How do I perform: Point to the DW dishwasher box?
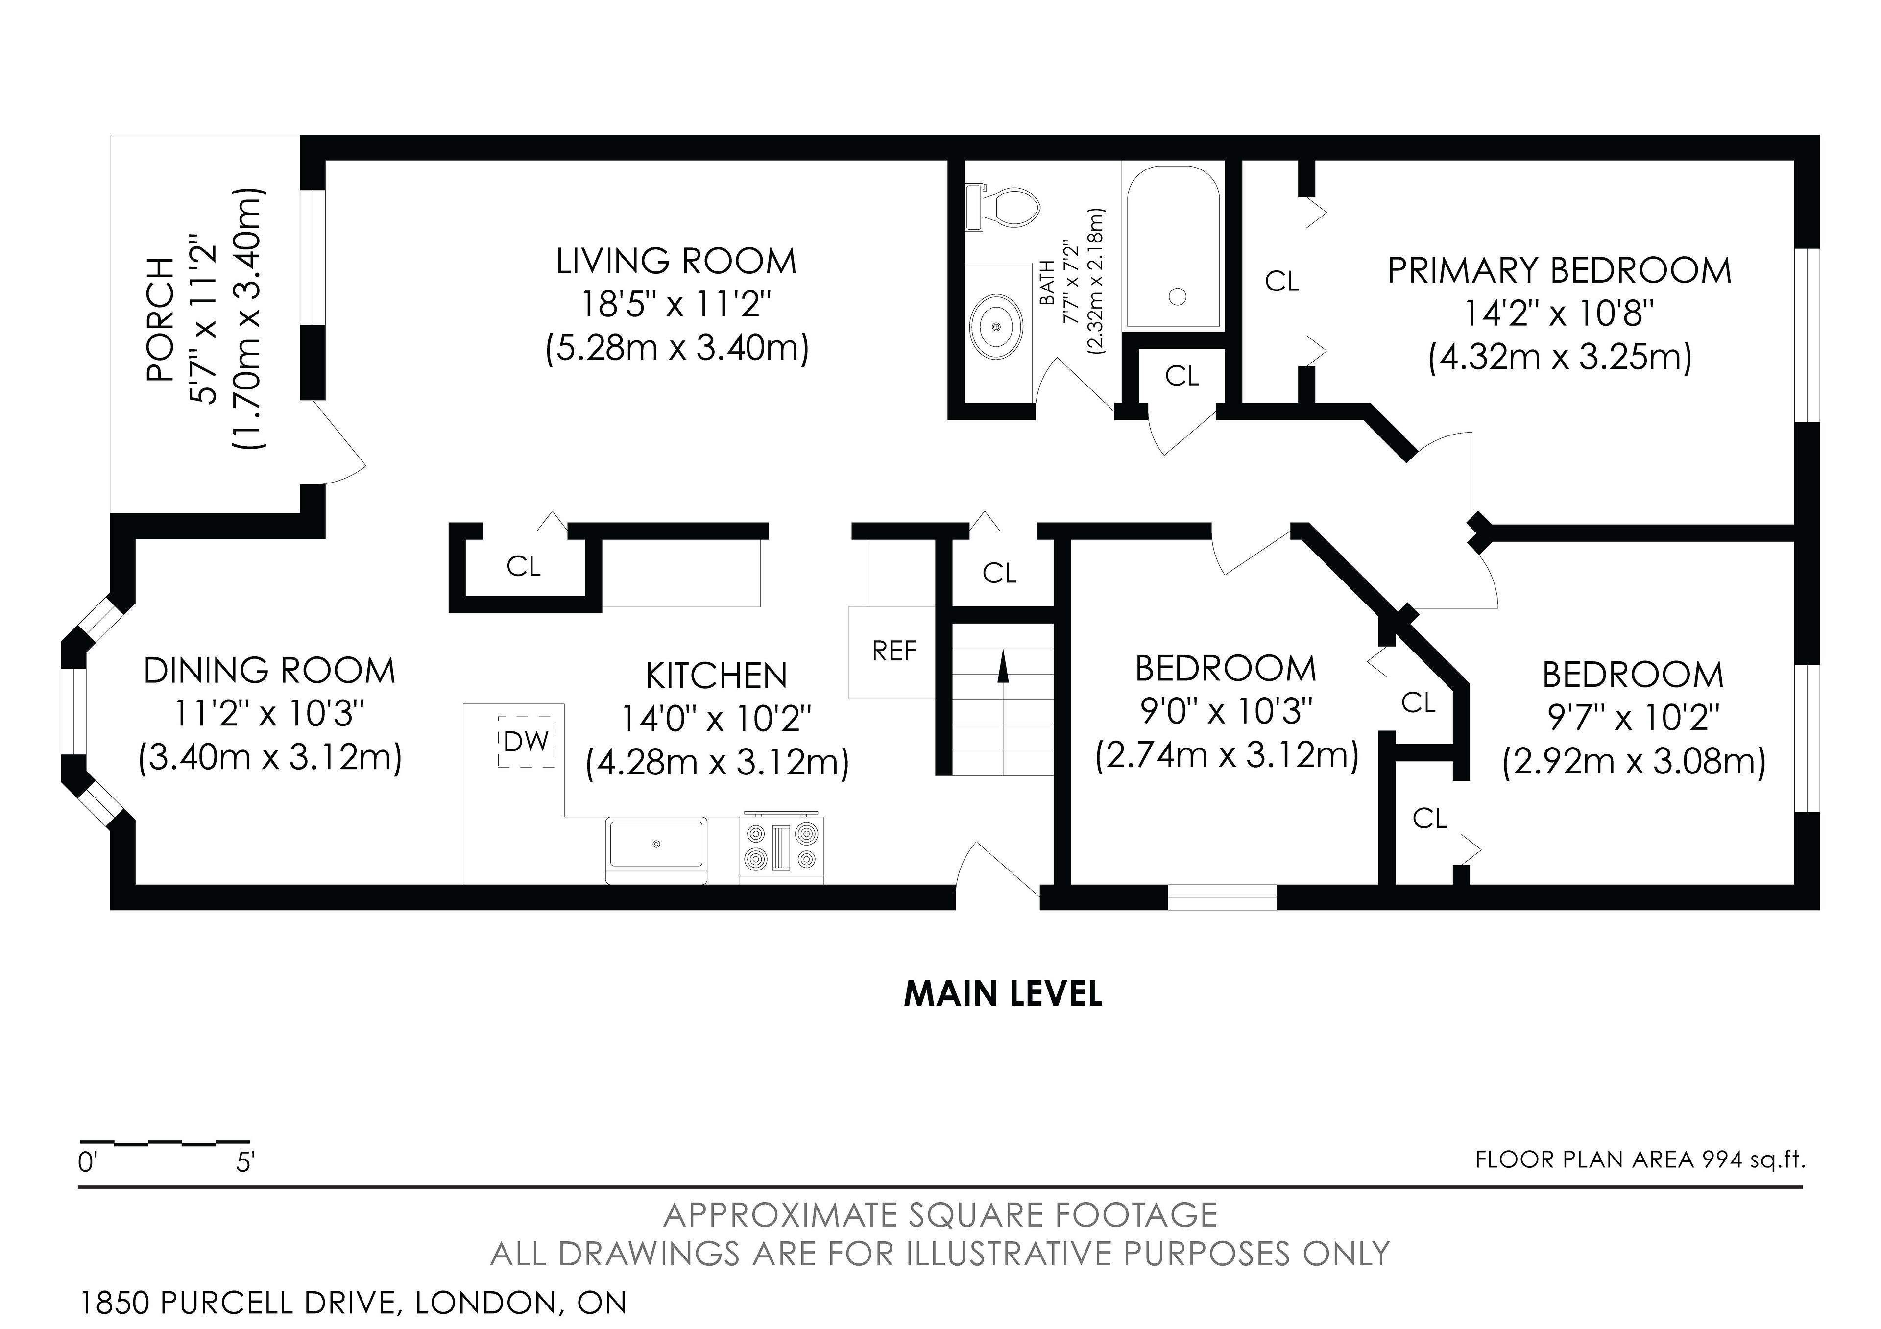(527, 742)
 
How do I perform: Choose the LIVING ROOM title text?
(676, 262)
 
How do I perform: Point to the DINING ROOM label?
(269, 671)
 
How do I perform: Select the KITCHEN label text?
(716, 676)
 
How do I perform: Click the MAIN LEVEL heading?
(1003, 994)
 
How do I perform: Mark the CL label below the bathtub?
(1182, 376)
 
